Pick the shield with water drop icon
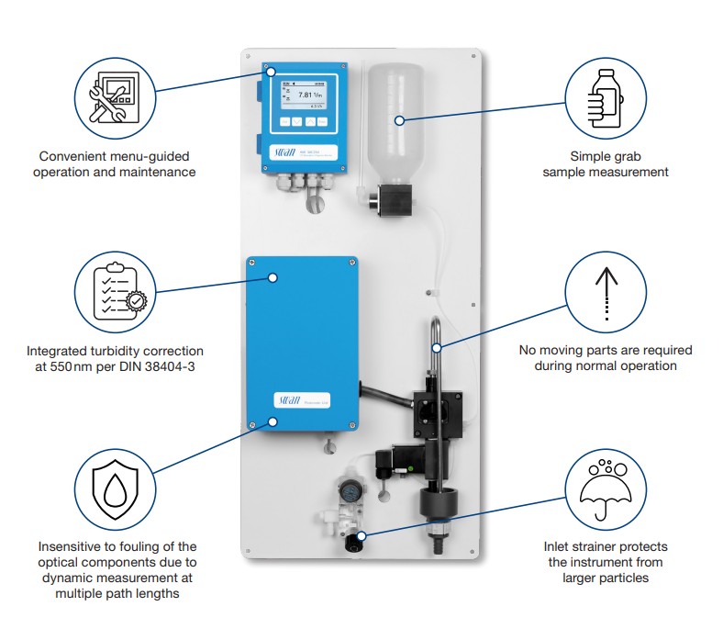116,487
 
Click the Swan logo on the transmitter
284,151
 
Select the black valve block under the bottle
393,199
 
